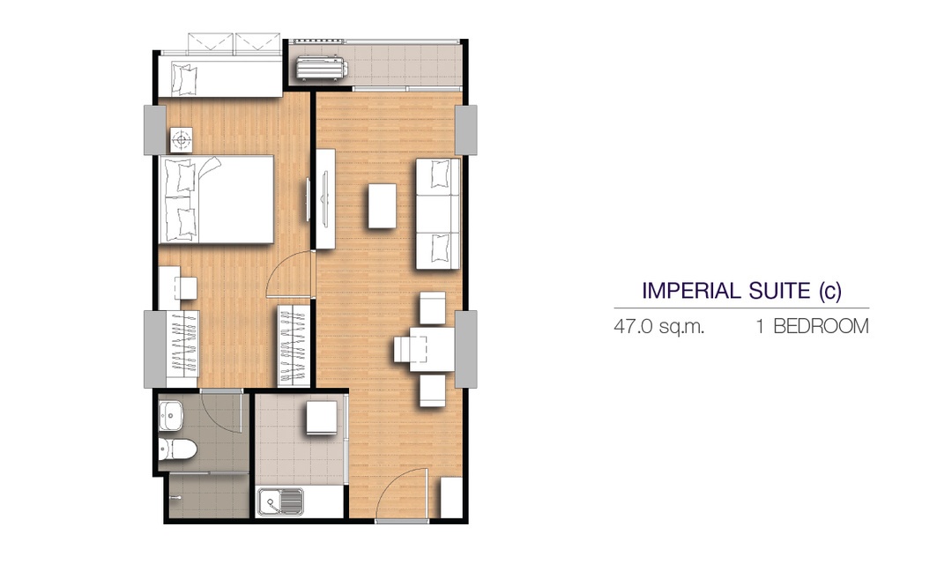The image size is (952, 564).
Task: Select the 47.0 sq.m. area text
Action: [658, 327]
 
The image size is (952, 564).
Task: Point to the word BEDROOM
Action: [821, 327]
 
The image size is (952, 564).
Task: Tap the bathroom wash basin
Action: [171, 416]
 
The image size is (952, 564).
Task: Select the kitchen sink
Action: [280, 502]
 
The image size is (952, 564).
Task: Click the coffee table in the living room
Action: [382, 206]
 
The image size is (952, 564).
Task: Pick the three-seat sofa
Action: [438, 213]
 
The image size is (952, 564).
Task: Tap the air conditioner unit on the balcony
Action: [322, 67]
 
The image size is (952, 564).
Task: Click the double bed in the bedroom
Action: [216, 200]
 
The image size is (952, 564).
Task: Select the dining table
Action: [432, 349]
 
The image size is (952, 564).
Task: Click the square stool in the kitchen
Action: [321, 417]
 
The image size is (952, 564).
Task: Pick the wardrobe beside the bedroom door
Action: [294, 345]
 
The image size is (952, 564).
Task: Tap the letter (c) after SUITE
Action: [830, 292]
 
